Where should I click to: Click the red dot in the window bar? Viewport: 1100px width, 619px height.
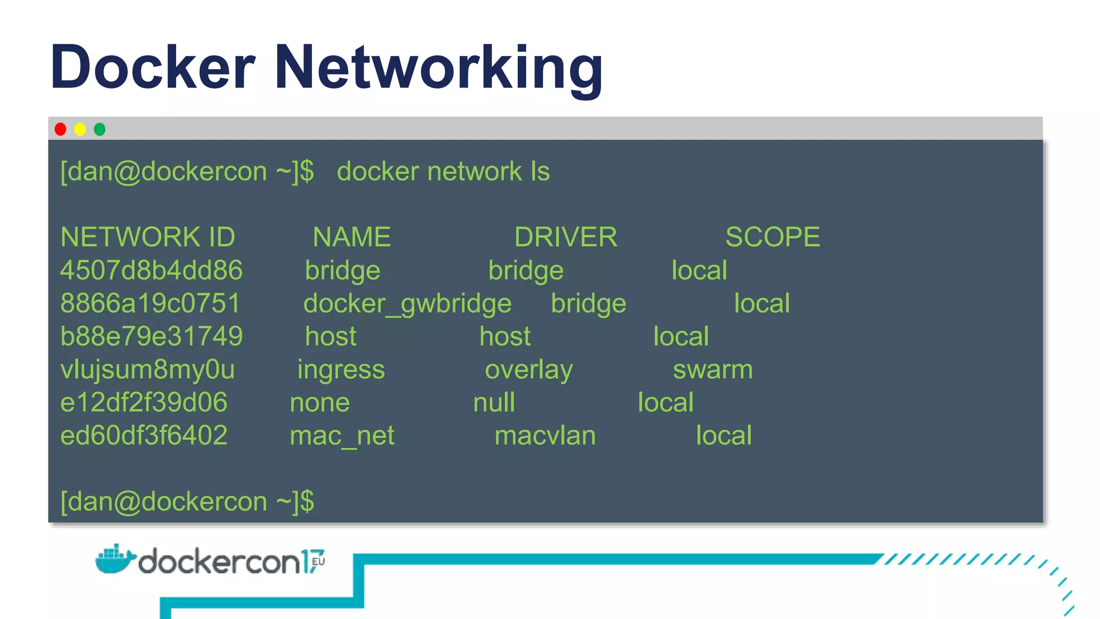[x=60, y=129]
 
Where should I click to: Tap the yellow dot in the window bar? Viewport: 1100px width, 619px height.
[x=80, y=129]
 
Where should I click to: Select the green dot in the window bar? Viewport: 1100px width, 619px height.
[x=99, y=129]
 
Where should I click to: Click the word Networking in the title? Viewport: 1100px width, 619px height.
[x=438, y=68]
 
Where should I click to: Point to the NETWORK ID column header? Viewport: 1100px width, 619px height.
[x=148, y=237]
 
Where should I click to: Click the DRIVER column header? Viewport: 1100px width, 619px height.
[x=566, y=237]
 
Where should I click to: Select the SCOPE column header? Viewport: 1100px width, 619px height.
[x=772, y=237]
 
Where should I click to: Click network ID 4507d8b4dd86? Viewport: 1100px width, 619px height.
[x=151, y=270]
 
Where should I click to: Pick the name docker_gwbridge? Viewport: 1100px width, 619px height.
[x=407, y=304]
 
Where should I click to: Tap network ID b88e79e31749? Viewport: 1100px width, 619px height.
[x=151, y=336]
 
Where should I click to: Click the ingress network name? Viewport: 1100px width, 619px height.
[x=341, y=370]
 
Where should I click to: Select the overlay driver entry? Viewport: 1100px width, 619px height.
[x=529, y=370]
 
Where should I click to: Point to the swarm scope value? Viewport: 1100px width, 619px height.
[x=713, y=370]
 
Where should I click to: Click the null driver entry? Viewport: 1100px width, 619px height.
[x=494, y=402]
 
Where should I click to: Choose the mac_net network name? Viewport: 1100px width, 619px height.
[x=342, y=436]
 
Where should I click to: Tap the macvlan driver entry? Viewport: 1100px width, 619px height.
[x=545, y=436]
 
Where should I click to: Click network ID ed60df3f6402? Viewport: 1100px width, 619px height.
[x=144, y=435]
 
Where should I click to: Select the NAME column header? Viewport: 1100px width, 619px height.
[x=352, y=237]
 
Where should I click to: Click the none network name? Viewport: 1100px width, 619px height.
[x=320, y=403]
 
